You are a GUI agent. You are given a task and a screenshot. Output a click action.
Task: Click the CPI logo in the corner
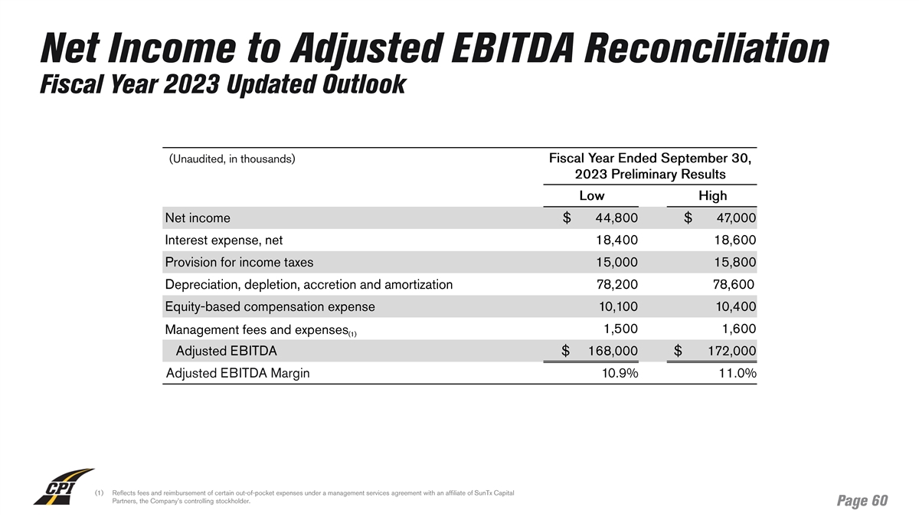[63, 487]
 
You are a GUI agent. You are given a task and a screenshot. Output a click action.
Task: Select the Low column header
[591, 196]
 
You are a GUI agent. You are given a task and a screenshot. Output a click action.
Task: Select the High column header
[712, 196]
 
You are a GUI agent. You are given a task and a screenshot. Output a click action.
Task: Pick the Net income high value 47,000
[736, 218]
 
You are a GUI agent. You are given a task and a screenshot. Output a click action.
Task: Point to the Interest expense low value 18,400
[616, 241]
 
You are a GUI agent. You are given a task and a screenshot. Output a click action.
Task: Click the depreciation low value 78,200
[616, 285]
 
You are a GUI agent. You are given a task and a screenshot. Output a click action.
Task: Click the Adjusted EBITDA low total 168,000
[612, 352]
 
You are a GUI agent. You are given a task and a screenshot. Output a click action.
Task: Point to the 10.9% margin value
[620, 374]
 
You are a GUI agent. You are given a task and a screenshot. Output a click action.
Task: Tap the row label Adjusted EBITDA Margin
[238, 374]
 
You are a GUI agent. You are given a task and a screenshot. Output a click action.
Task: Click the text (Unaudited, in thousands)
[232, 159]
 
